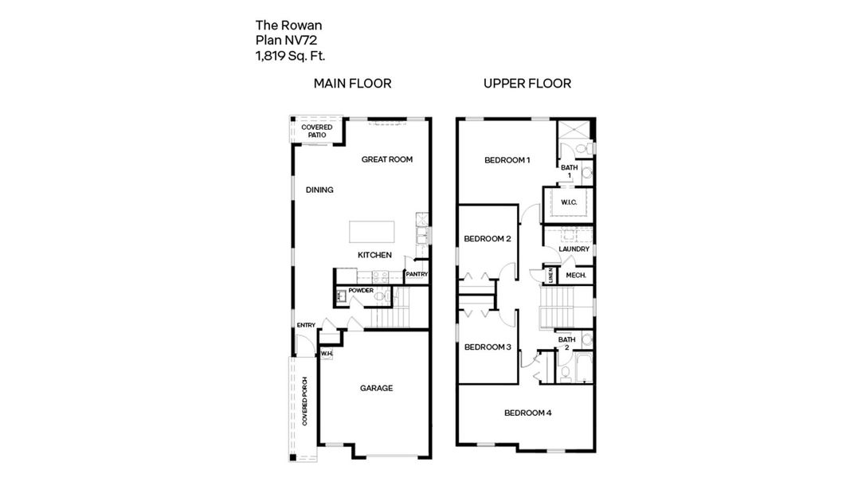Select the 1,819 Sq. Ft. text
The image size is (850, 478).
(x=290, y=56)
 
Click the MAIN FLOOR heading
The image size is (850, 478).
(x=352, y=84)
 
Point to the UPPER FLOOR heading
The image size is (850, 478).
(x=527, y=84)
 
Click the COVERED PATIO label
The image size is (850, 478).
(x=316, y=131)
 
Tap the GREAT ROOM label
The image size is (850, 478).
(x=387, y=159)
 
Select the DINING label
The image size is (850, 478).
(x=319, y=190)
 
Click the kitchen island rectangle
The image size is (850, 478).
(x=373, y=231)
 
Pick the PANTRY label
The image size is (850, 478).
(x=417, y=275)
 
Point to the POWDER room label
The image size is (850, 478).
(x=361, y=290)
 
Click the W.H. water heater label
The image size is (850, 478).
(x=326, y=354)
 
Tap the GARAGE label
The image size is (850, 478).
(x=376, y=388)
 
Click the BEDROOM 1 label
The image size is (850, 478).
(x=507, y=160)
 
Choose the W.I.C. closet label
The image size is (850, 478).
(x=568, y=202)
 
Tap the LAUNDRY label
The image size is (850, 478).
(x=574, y=249)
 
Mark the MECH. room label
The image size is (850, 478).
(x=576, y=276)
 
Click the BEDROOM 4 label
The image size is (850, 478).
(x=528, y=413)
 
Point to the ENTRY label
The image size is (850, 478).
(x=306, y=325)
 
